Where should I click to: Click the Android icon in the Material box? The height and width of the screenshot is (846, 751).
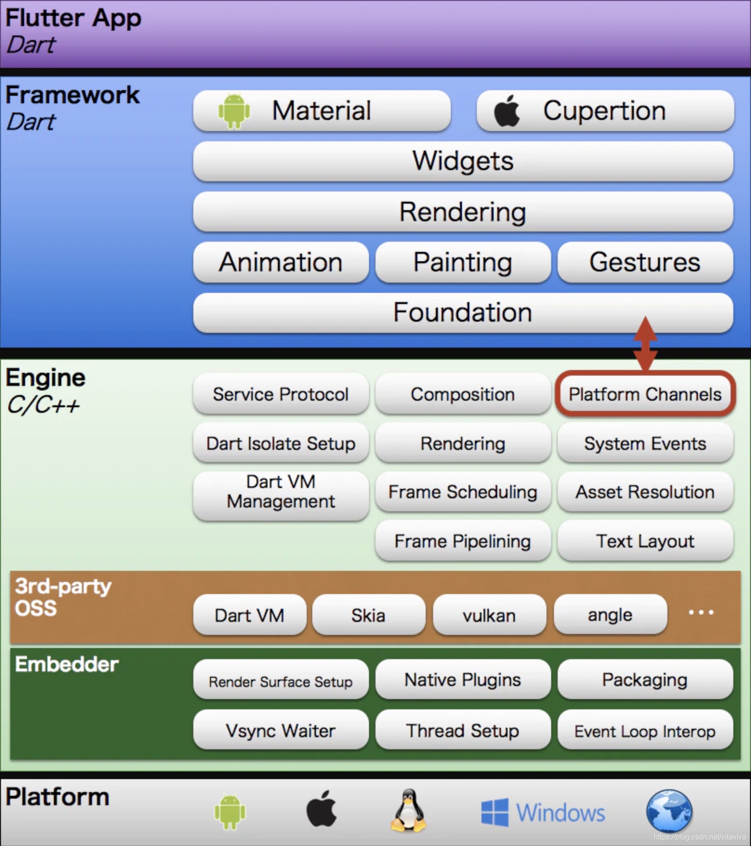[234, 111]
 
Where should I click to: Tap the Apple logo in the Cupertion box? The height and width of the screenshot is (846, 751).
[507, 111]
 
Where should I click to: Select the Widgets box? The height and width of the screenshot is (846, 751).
[463, 161]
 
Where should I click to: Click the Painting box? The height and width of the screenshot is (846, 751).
[463, 262]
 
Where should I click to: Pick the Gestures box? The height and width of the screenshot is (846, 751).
[645, 262]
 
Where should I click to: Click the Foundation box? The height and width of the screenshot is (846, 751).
[463, 312]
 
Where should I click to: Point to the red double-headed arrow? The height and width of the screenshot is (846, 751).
[646, 344]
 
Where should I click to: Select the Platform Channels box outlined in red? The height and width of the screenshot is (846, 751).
[645, 394]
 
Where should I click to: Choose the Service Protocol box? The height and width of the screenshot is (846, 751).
[281, 394]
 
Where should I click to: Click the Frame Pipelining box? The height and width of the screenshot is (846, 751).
[463, 541]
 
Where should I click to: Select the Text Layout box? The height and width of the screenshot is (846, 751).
[645, 541]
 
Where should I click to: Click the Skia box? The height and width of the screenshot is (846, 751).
[369, 615]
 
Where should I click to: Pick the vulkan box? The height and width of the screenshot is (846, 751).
[489, 615]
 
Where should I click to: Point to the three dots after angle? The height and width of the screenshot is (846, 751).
[701, 612]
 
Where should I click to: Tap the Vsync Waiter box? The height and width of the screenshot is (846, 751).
[281, 730]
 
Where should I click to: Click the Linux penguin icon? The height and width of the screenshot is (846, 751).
[408, 810]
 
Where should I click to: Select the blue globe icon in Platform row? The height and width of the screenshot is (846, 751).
[669, 811]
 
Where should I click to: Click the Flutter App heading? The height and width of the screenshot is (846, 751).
[73, 19]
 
